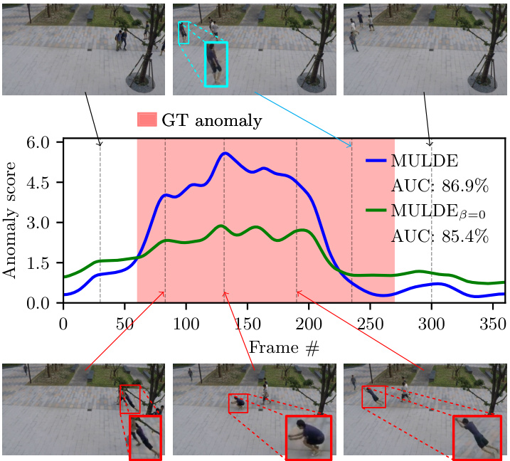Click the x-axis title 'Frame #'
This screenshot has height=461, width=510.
pyautogui.click(x=283, y=348)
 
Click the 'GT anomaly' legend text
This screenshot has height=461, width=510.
pyautogui.click(x=211, y=120)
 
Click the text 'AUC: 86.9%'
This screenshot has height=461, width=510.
pyautogui.click(x=440, y=186)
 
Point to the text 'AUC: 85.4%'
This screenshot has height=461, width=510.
pyautogui.click(x=440, y=235)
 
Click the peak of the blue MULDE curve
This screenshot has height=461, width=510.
pyautogui.click(x=224, y=153)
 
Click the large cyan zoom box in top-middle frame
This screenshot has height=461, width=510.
pyautogui.click(x=216, y=64)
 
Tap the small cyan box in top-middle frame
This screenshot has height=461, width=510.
pyautogui.click(x=184, y=33)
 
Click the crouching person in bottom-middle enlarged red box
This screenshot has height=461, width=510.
pyautogui.click(x=310, y=435)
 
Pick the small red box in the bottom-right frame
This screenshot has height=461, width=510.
pyautogui.click(x=373, y=397)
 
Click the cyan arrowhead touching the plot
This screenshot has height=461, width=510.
pyautogui.click(x=350, y=146)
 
